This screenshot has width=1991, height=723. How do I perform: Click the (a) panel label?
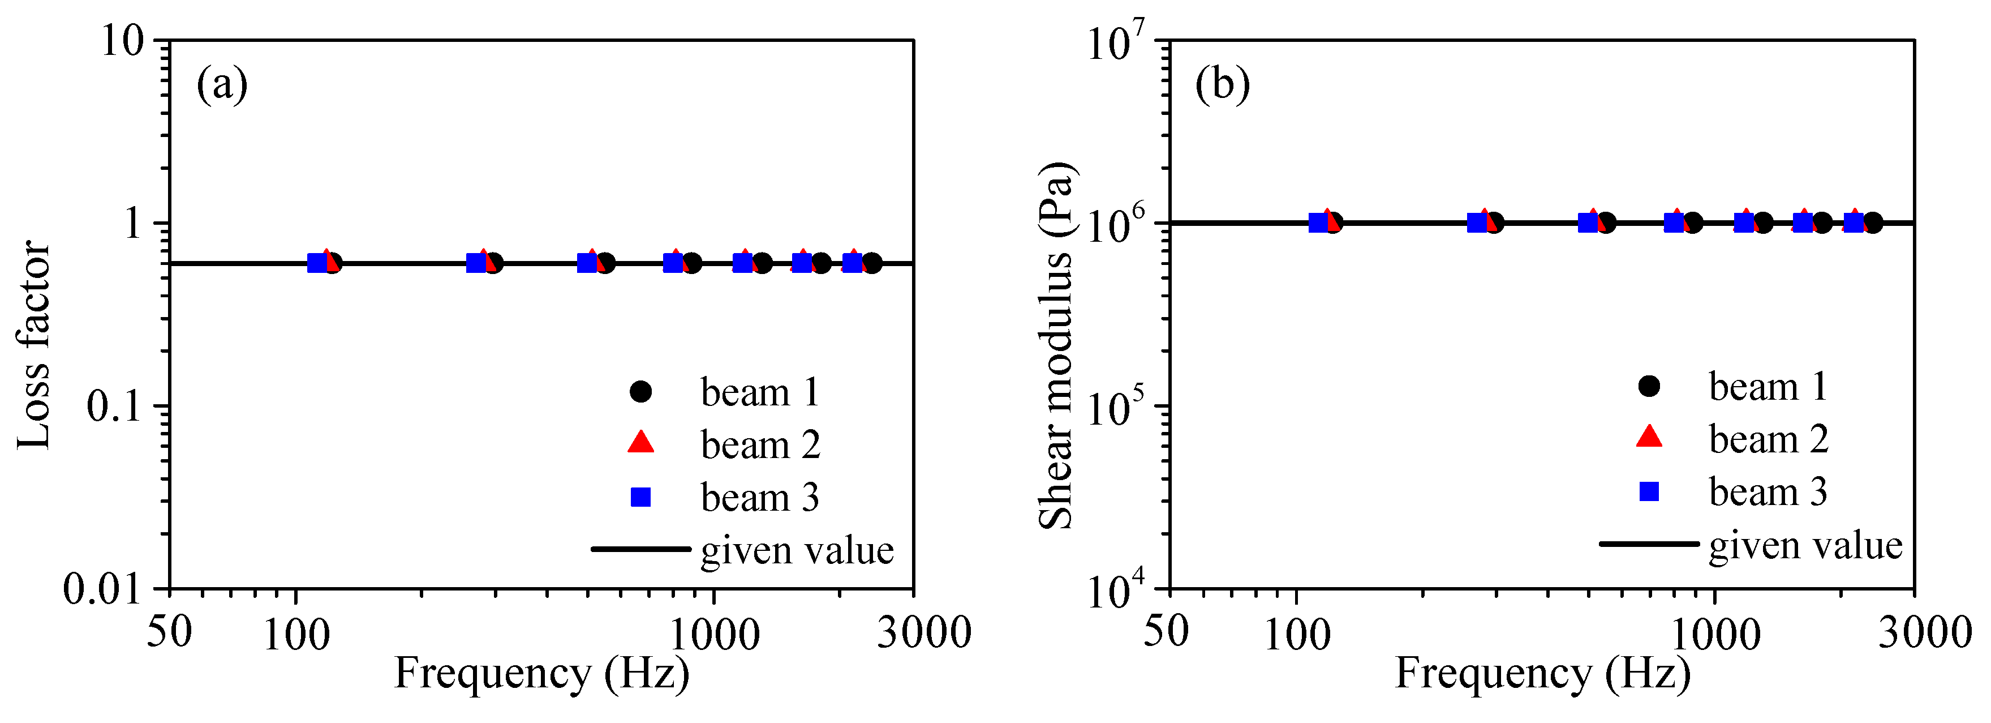222,84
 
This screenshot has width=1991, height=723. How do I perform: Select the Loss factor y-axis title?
34,345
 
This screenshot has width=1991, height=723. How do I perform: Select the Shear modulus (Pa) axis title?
1056,346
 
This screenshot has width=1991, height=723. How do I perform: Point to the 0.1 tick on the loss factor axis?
114,406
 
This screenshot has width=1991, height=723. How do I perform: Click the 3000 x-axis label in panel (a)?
923,632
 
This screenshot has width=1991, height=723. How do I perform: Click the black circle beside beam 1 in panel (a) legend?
640,392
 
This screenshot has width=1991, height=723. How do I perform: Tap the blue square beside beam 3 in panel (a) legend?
640,497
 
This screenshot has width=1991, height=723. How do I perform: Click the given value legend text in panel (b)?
1805,546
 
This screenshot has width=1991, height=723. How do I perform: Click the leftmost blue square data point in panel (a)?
317,263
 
